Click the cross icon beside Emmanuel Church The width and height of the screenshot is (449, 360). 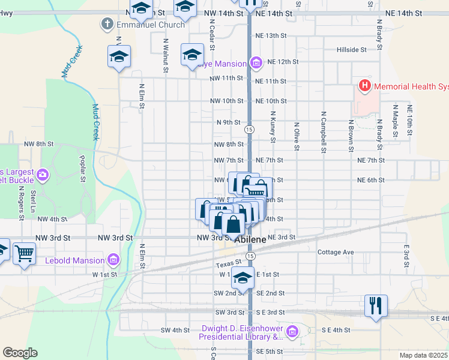click(x=107, y=24)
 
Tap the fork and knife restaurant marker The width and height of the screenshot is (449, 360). click(x=376, y=305)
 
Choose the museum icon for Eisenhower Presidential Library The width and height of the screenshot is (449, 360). click(x=292, y=331)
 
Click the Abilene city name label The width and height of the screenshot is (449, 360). click(x=250, y=239)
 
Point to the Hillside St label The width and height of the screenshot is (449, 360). click(x=351, y=50)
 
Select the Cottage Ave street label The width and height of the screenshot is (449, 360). click(x=336, y=252)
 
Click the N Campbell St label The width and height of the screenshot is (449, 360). click(x=323, y=131)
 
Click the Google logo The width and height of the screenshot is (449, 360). click(x=20, y=353)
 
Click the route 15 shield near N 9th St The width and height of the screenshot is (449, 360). click(x=249, y=129)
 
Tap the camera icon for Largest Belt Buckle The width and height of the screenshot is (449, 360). click(x=42, y=175)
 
